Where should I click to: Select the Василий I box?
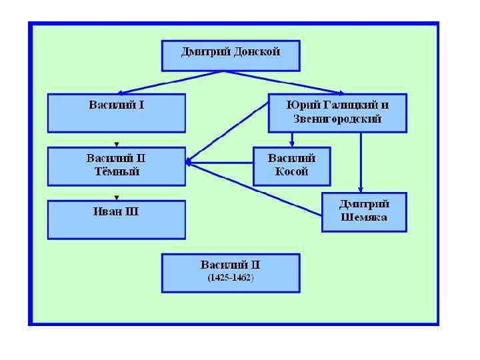tap(116, 113)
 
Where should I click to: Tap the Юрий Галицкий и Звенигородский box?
tap(337, 113)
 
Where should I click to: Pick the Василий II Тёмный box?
tap(116, 166)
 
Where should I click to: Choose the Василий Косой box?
tap(291, 166)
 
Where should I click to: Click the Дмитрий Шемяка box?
tap(364, 212)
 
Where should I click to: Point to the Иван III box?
tap(116, 219)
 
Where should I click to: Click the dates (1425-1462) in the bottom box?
tap(231, 277)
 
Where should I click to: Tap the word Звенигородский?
tap(337, 119)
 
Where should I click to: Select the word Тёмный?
tap(116, 171)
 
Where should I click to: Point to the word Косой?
tap(292, 171)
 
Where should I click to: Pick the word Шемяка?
tap(364, 217)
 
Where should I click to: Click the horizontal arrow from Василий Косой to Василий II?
tap(220, 162)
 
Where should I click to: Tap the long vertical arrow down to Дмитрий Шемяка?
tap(361, 163)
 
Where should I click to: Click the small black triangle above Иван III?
tap(117, 197)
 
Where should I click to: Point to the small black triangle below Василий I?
tap(117, 144)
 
